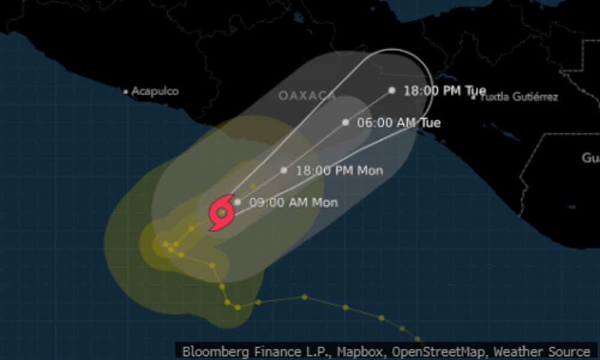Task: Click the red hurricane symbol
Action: point(221,212)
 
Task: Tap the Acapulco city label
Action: point(155,91)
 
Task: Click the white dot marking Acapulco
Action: point(125,92)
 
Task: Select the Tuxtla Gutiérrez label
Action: point(520,97)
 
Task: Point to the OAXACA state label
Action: point(307,95)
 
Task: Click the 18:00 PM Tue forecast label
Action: point(445,91)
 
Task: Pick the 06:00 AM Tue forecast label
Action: point(399,122)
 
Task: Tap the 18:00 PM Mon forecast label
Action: point(340,170)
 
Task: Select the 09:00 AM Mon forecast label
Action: point(293,202)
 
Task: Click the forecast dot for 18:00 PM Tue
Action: point(392,90)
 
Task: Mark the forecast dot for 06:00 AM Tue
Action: point(346,122)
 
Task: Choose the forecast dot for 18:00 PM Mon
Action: point(284,170)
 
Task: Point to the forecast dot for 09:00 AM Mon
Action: point(238,202)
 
